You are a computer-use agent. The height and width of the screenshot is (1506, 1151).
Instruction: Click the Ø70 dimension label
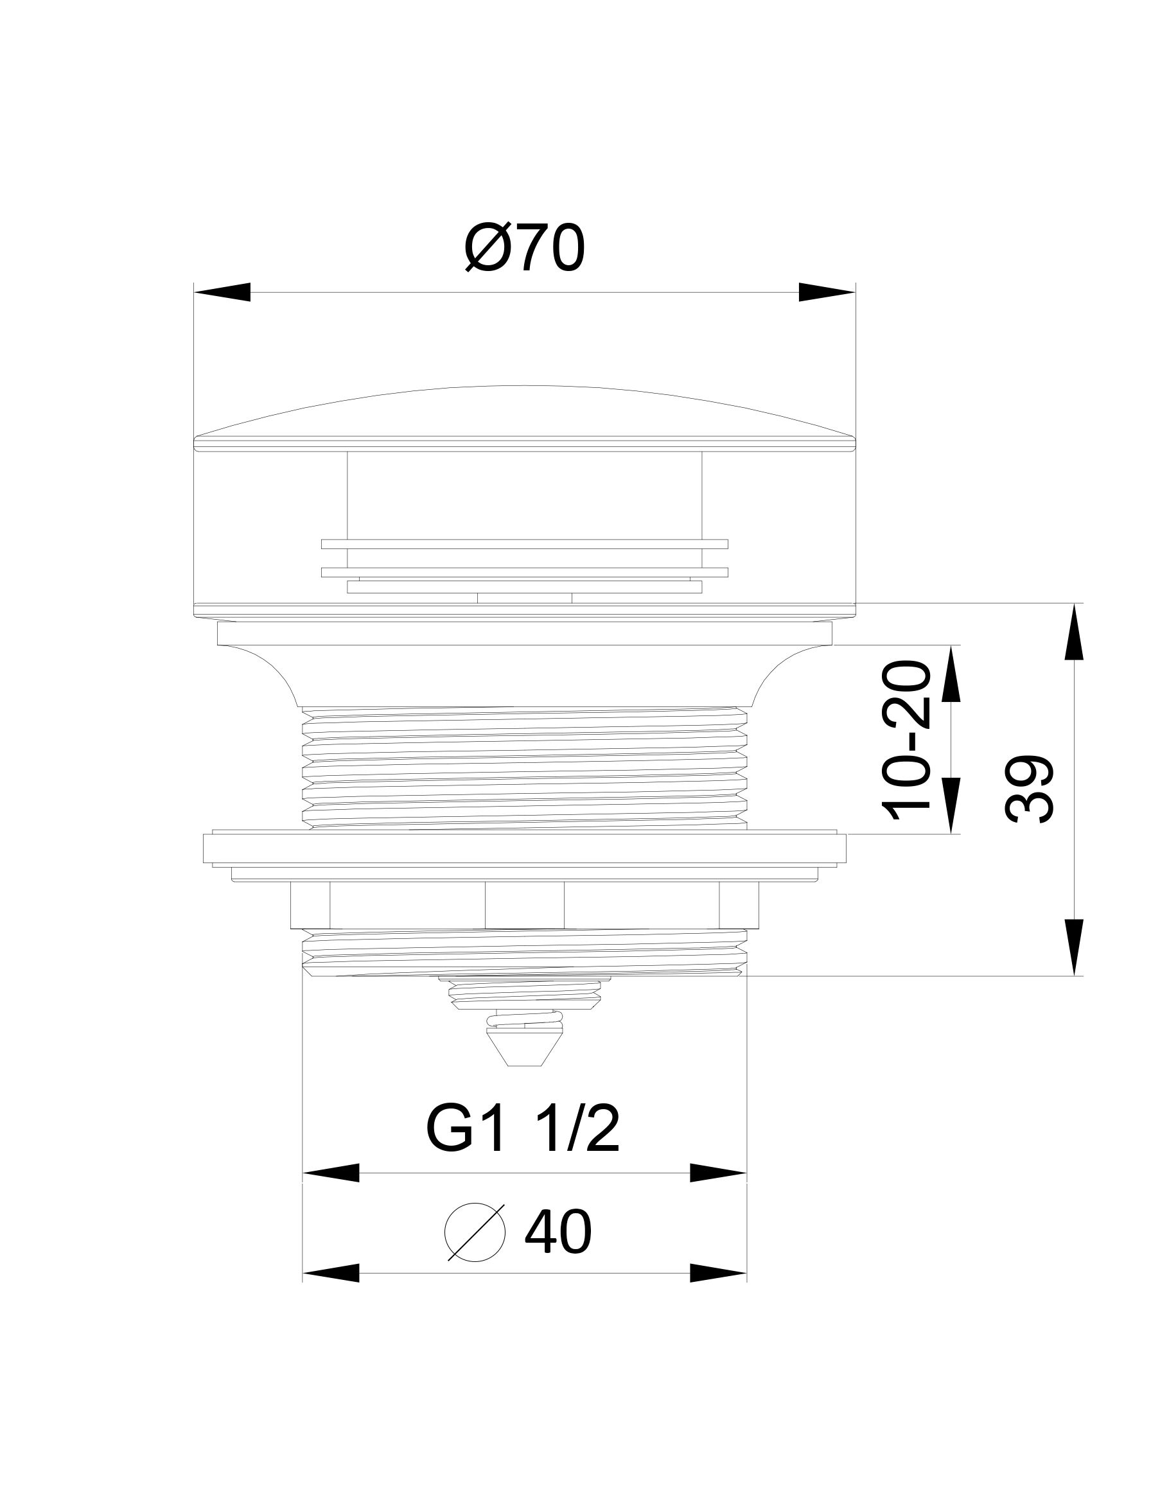click(x=525, y=249)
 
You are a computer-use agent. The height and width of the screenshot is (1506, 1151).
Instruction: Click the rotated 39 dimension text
click(x=1029, y=789)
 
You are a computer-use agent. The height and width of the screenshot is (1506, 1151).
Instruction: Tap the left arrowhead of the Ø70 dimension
click(x=222, y=292)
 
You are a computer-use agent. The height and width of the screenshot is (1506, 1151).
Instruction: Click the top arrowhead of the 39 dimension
click(x=1073, y=631)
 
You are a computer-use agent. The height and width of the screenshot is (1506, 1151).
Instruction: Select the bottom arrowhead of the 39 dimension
click(x=1073, y=947)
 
